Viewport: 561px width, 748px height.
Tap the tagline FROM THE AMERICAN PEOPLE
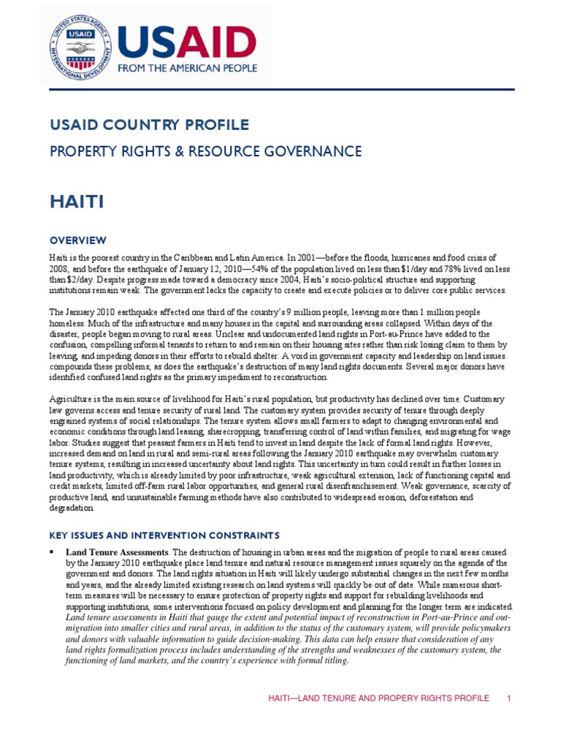coord(188,68)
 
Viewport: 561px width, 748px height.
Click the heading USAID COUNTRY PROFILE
coord(149,125)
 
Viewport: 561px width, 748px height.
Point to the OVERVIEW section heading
coord(78,240)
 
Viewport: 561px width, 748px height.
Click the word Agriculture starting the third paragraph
coord(72,400)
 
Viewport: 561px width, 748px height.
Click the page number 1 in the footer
coord(509,698)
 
